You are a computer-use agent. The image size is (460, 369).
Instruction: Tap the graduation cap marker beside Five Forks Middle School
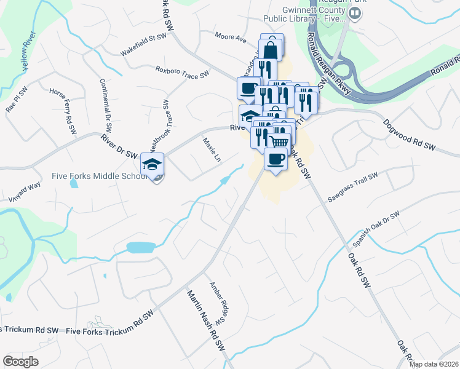tap(153, 165)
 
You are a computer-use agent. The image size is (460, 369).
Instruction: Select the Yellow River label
tap(27, 56)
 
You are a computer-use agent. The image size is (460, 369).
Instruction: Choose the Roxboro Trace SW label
tap(182, 73)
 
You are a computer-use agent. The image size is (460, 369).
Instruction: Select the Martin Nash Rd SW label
tap(207, 319)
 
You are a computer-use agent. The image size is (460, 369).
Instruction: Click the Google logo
tap(21, 361)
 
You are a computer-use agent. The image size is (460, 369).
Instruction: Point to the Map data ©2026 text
tap(434, 364)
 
